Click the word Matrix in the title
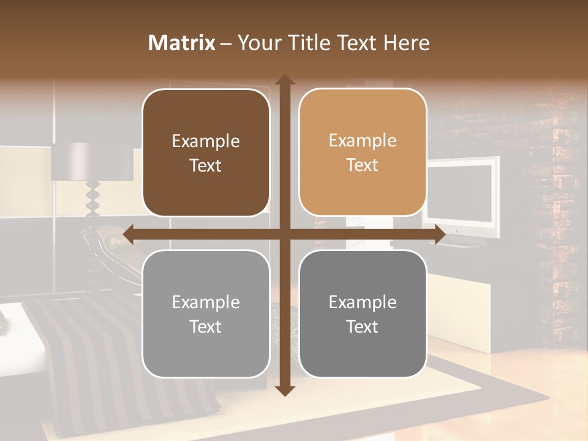[x=182, y=43]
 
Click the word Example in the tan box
[x=363, y=141]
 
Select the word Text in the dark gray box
[x=363, y=326]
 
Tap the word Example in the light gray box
[x=206, y=302]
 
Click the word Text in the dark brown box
[x=206, y=165]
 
